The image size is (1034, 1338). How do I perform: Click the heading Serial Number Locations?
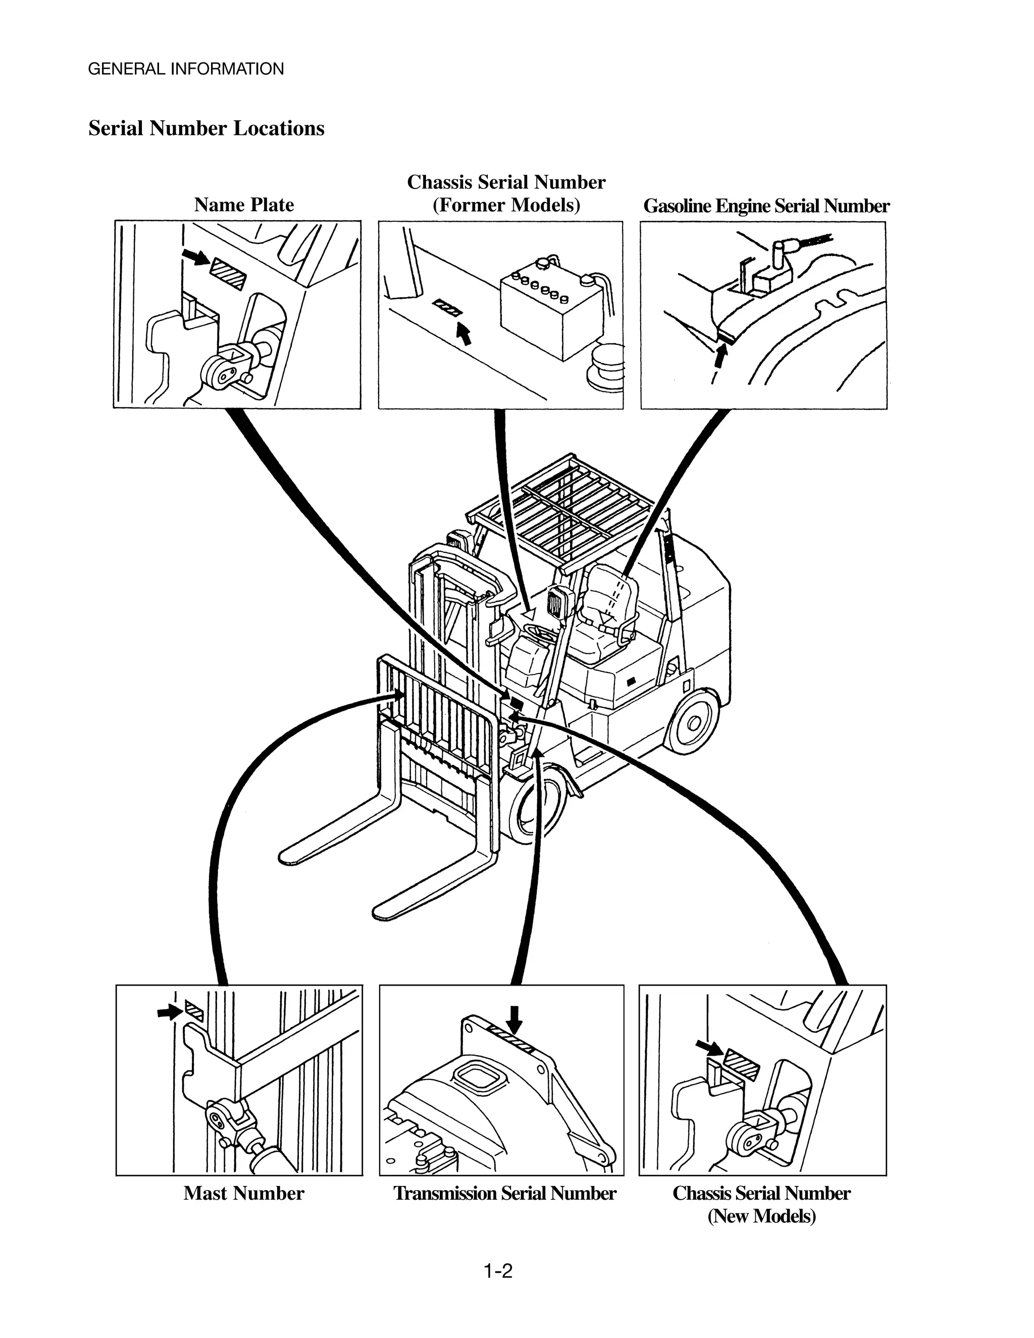point(206,128)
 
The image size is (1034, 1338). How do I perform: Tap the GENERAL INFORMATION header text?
point(186,69)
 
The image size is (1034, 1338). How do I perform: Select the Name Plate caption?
point(244,204)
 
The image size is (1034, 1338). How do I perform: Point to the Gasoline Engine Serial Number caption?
point(766,206)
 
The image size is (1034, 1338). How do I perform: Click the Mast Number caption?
point(243,1193)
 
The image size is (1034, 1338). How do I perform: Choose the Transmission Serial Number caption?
point(504,1193)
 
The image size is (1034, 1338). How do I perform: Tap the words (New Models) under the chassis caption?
point(761,1215)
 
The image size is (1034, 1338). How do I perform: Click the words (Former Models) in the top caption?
point(506,204)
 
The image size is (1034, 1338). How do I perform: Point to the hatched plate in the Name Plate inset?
point(228,273)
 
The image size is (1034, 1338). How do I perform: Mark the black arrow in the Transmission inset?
point(514,1020)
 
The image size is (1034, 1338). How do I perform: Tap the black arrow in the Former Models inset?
point(465,334)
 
